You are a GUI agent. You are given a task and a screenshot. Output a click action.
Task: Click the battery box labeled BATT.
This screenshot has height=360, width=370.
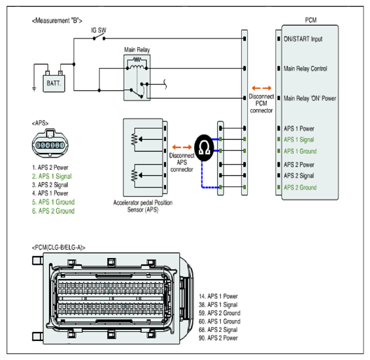(54, 83)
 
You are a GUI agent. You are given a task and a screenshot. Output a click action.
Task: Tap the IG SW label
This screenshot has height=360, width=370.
(99, 31)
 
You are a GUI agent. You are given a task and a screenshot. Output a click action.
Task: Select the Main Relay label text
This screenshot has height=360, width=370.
(137, 50)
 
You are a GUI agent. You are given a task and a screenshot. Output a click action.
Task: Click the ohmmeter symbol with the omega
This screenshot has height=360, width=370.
(204, 148)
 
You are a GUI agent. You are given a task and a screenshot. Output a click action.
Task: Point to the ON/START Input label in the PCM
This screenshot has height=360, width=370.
(303, 39)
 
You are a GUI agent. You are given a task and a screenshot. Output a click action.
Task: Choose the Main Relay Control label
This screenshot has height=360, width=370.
(305, 69)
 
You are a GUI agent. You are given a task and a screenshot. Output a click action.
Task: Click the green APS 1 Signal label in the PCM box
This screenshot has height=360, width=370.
(299, 140)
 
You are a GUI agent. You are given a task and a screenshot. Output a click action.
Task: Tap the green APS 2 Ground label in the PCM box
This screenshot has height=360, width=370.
(300, 188)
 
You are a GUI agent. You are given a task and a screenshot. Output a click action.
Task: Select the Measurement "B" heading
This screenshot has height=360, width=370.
(57, 21)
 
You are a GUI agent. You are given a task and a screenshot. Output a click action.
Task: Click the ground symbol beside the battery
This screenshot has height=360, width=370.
(34, 89)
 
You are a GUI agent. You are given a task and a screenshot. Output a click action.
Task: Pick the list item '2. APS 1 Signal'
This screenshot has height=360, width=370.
(52, 176)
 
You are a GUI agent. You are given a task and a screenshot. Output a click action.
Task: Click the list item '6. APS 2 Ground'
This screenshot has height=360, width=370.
(54, 211)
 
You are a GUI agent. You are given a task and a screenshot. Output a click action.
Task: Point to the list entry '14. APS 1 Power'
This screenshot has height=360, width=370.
(218, 297)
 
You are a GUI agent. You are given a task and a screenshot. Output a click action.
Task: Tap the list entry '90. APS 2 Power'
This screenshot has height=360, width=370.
(218, 338)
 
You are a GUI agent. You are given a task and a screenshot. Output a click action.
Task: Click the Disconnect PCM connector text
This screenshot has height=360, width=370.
(261, 103)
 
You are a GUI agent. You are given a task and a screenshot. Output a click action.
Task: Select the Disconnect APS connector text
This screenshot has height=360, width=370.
(182, 162)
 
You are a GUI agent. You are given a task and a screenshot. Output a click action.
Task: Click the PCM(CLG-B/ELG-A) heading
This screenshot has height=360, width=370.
(59, 248)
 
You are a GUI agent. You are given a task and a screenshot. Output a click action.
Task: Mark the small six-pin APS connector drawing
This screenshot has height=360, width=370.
(50, 143)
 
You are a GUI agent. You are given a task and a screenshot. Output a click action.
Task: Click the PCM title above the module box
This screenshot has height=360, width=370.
(311, 20)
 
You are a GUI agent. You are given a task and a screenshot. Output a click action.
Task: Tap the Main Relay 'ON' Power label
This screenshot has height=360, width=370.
(310, 99)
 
